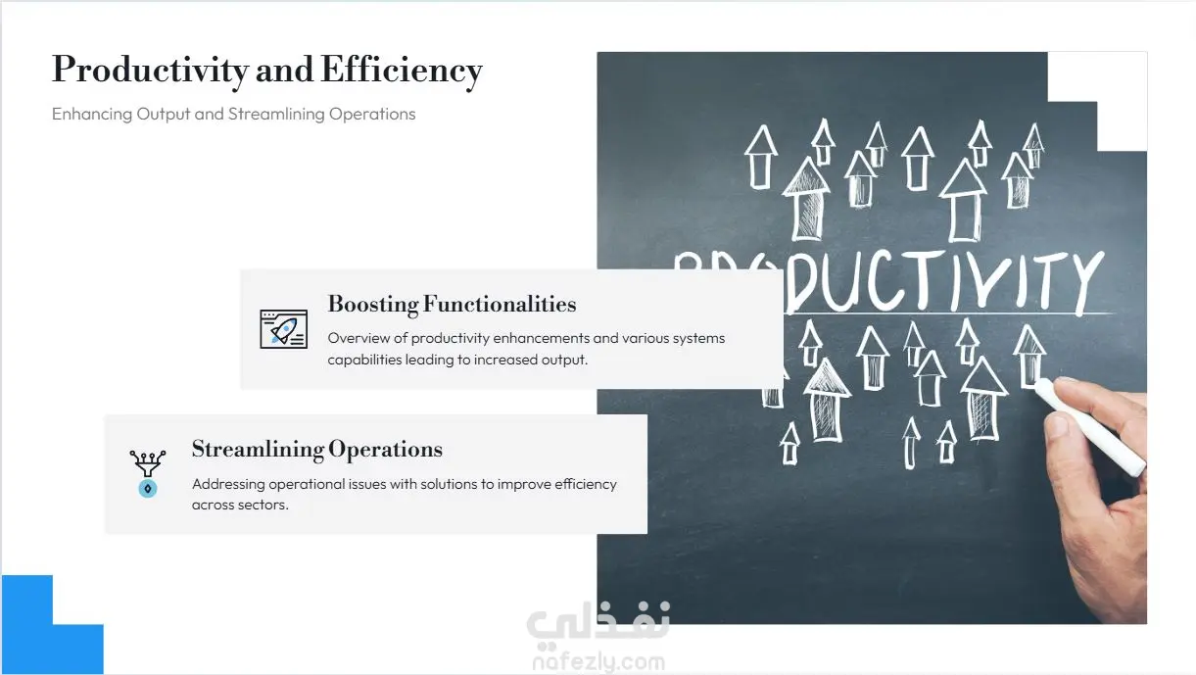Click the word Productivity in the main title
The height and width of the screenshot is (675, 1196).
[x=150, y=71]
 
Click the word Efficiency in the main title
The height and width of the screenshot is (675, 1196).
[x=402, y=71]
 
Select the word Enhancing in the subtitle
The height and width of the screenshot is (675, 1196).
[x=92, y=115]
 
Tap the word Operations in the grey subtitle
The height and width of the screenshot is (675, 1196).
[x=372, y=115]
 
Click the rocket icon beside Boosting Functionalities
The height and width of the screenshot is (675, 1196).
[x=283, y=329]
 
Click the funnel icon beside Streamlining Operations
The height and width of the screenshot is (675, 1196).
[x=148, y=473]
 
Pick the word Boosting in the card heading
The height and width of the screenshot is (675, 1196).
[x=373, y=305]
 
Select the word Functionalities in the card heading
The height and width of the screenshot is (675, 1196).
[x=500, y=304]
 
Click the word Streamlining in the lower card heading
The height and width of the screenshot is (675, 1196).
[x=258, y=450]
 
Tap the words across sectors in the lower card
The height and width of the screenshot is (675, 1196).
[x=240, y=506]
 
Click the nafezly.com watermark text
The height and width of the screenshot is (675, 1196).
[x=598, y=662]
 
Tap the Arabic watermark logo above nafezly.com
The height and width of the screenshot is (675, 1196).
[x=598, y=622]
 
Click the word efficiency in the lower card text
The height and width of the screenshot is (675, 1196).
[x=586, y=484]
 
